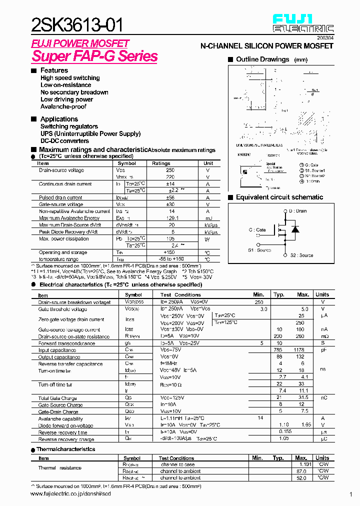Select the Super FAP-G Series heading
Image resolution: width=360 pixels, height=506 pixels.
94,56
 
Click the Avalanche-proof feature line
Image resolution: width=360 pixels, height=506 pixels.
63,106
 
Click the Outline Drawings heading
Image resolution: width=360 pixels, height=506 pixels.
262,59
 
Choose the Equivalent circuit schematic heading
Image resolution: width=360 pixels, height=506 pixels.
279,197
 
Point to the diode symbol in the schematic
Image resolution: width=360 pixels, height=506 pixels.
295,229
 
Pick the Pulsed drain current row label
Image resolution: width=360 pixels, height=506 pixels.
60,197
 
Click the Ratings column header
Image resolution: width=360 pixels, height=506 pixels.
161,163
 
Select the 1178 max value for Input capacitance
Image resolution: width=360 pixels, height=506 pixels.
299,350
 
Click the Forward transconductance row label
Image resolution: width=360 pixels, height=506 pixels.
66,343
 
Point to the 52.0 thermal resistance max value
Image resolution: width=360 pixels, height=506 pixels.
301,478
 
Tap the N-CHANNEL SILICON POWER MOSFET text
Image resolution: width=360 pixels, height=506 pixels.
266,46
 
